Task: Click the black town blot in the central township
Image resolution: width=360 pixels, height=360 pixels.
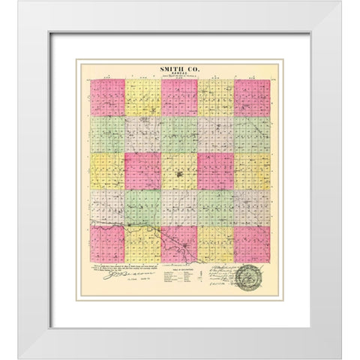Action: coord(180,178)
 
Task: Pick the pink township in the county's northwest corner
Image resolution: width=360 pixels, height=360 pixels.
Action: coord(107,98)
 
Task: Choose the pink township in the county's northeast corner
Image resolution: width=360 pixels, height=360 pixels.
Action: coord(252,98)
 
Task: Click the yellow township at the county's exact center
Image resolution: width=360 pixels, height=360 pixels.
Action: coord(180,171)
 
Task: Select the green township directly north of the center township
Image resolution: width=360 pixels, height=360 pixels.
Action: coord(180,135)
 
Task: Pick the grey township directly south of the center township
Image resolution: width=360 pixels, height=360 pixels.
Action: coord(180,208)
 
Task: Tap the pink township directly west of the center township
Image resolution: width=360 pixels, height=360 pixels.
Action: coord(143,171)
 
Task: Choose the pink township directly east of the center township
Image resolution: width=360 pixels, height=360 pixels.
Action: coord(216,171)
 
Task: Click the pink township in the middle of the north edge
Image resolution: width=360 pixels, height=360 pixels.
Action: coord(180,98)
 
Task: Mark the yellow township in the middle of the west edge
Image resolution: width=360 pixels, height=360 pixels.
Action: coord(107,171)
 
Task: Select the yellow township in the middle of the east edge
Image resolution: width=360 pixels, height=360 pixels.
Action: coord(252,171)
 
